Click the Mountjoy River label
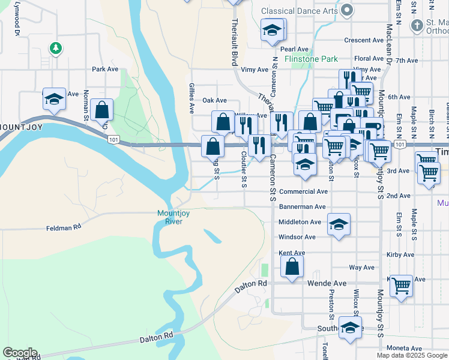[x=169, y=217]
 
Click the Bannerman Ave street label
[x=302, y=206]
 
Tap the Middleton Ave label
[x=300, y=222]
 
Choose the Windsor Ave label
[x=297, y=237]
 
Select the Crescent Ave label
[x=364, y=41]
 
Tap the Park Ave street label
[x=105, y=69]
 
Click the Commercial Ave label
[x=303, y=191]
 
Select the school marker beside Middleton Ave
[x=339, y=225]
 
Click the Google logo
[x=20, y=353]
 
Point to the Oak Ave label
[x=214, y=100]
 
